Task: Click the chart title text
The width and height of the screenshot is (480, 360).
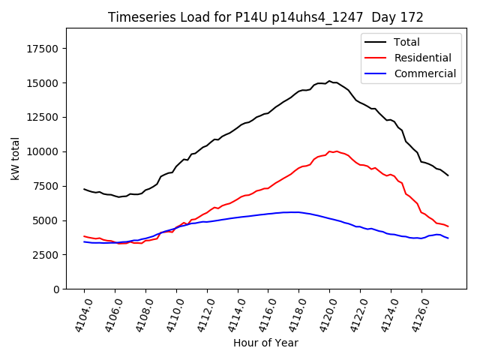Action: pos(265,17)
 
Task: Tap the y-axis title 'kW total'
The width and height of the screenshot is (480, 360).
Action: pos(16,158)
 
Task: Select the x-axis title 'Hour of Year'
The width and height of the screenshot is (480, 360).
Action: pos(265,343)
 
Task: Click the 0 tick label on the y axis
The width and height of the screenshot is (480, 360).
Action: pos(56,289)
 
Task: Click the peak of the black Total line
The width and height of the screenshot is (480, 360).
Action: pos(329,81)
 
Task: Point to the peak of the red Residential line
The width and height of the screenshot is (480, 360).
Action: pos(330,151)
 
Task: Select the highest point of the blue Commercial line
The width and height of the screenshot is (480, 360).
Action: pos(295,212)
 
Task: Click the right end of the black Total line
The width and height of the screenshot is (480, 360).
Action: pos(448,175)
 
